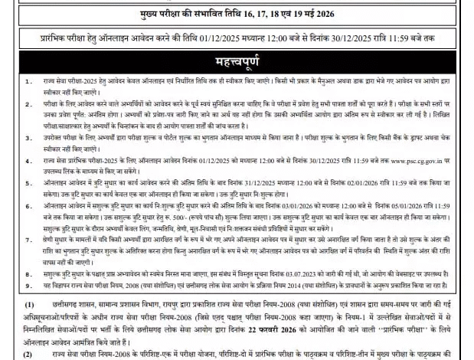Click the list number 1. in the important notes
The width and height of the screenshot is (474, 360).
[x=28, y=80]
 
